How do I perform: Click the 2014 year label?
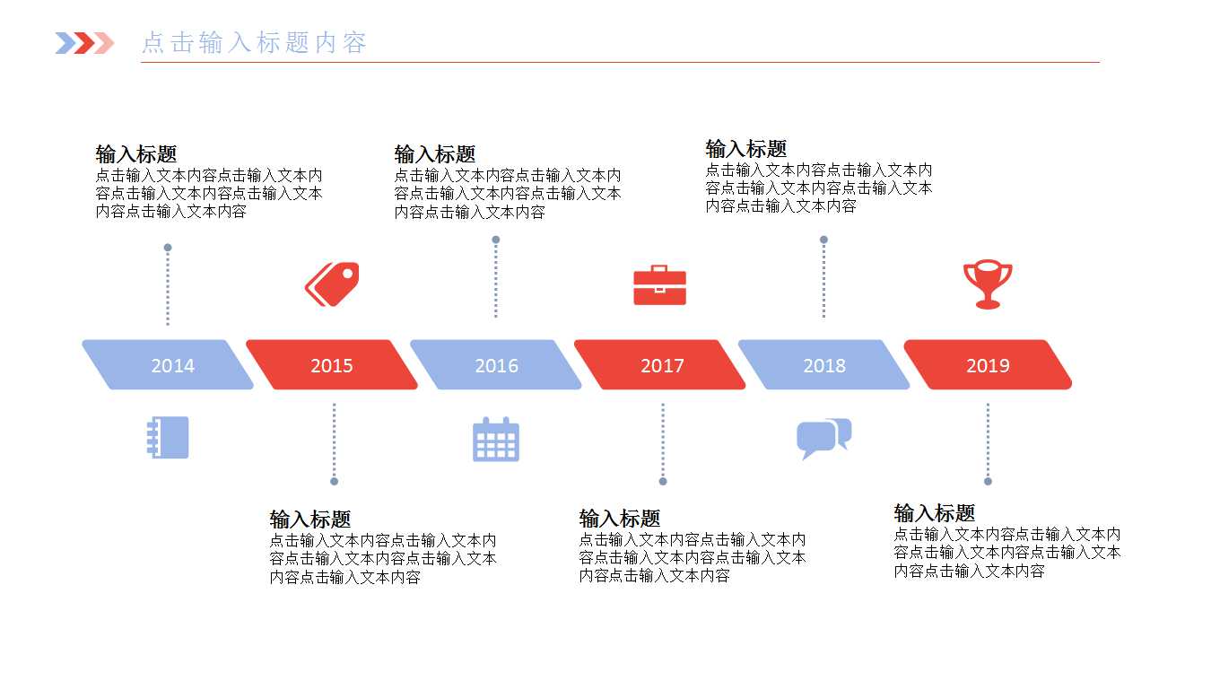tap(172, 366)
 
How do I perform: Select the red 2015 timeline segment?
tap(331, 364)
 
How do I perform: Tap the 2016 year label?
tap(496, 366)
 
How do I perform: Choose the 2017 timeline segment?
tap(659, 364)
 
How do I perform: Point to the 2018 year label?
tap(824, 366)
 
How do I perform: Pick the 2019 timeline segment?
tap(988, 364)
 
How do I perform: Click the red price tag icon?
tap(332, 284)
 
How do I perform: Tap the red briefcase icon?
tap(659, 285)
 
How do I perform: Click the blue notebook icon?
tap(168, 438)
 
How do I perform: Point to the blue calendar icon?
tap(496, 440)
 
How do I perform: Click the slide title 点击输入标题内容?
tap(254, 43)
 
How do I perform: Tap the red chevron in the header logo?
tap(84, 43)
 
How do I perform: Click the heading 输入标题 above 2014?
tap(136, 154)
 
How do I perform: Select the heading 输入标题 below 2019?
tap(934, 513)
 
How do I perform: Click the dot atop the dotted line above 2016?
tap(496, 240)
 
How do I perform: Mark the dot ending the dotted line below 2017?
tap(663, 482)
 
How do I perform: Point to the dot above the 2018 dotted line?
tap(823, 240)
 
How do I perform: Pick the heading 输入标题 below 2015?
tap(310, 519)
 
